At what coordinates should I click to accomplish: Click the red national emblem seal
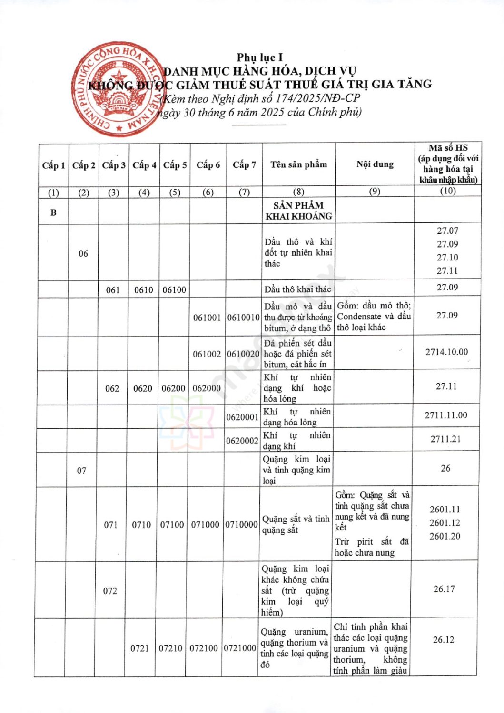pyautogui.click(x=117, y=89)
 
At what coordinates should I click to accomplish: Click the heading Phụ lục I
pyautogui.click(x=259, y=58)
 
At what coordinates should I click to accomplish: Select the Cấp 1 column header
pyautogui.click(x=53, y=165)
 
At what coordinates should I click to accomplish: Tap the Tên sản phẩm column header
pyautogui.click(x=298, y=164)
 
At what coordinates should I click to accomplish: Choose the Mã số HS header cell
pyautogui.click(x=448, y=164)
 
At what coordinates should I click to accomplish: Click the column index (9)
pyautogui.click(x=375, y=192)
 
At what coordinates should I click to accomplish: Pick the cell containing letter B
pyautogui.click(x=53, y=212)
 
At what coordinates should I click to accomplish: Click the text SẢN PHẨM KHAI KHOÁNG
pyautogui.click(x=298, y=211)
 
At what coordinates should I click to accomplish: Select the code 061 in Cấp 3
pyautogui.click(x=113, y=290)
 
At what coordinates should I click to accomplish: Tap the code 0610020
pyautogui.click(x=243, y=354)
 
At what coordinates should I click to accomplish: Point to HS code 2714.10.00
pyautogui.click(x=446, y=352)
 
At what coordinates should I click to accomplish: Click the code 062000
pyautogui.click(x=207, y=388)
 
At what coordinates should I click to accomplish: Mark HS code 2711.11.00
pyautogui.click(x=446, y=415)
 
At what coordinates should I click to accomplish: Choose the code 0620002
pyautogui.click(x=242, y=441)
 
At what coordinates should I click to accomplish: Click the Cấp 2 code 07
pyautogui.click(x=82, y=471)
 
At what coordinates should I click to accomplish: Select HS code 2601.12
pyautogui.click(x=445, y=523)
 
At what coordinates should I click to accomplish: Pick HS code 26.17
pyautogui.click(x=444, y=589)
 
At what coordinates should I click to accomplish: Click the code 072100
pyautogui.click(x=204, y=648)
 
